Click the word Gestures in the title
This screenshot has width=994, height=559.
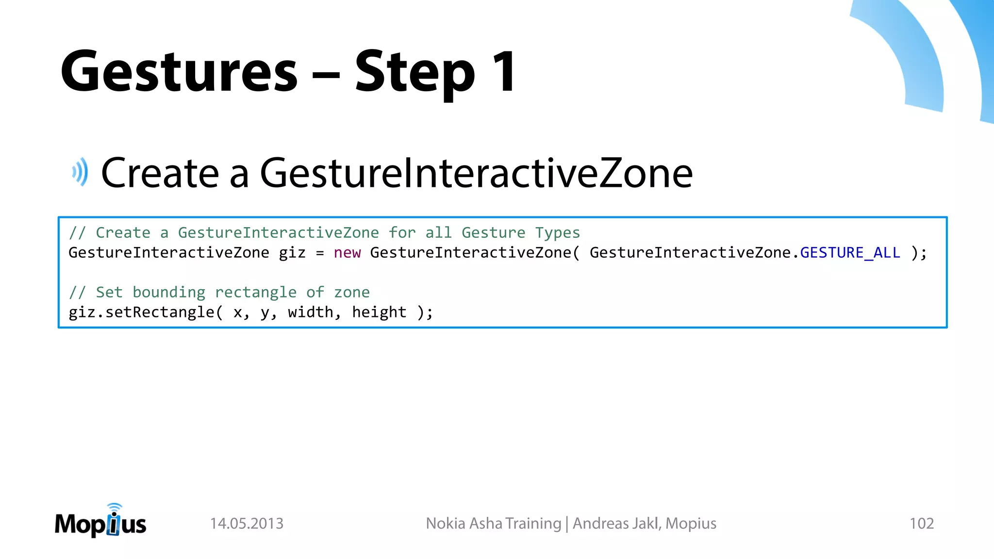[x=179, y=72]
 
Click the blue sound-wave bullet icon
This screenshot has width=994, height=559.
[x=81, y=172]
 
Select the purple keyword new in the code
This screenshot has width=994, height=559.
[x=347, y=253]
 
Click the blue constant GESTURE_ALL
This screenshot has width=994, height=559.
[x=850, y=253]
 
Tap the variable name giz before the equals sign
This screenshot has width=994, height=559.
[x=292, y=253]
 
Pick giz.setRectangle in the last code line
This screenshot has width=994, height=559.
[x=141, y=312]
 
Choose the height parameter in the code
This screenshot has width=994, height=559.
[x=379, y=312]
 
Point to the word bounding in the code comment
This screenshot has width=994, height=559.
[x=169, y=292]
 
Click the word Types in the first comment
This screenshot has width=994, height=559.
[x=557, y=233]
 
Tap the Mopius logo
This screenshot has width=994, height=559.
[x=100, y=522]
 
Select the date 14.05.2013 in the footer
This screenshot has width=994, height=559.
[x=247, y=524]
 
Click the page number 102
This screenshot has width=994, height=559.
[x=921, y=524]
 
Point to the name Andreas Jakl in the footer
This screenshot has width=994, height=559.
[x=615, y=524]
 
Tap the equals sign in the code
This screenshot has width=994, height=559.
[x=319, y=253]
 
